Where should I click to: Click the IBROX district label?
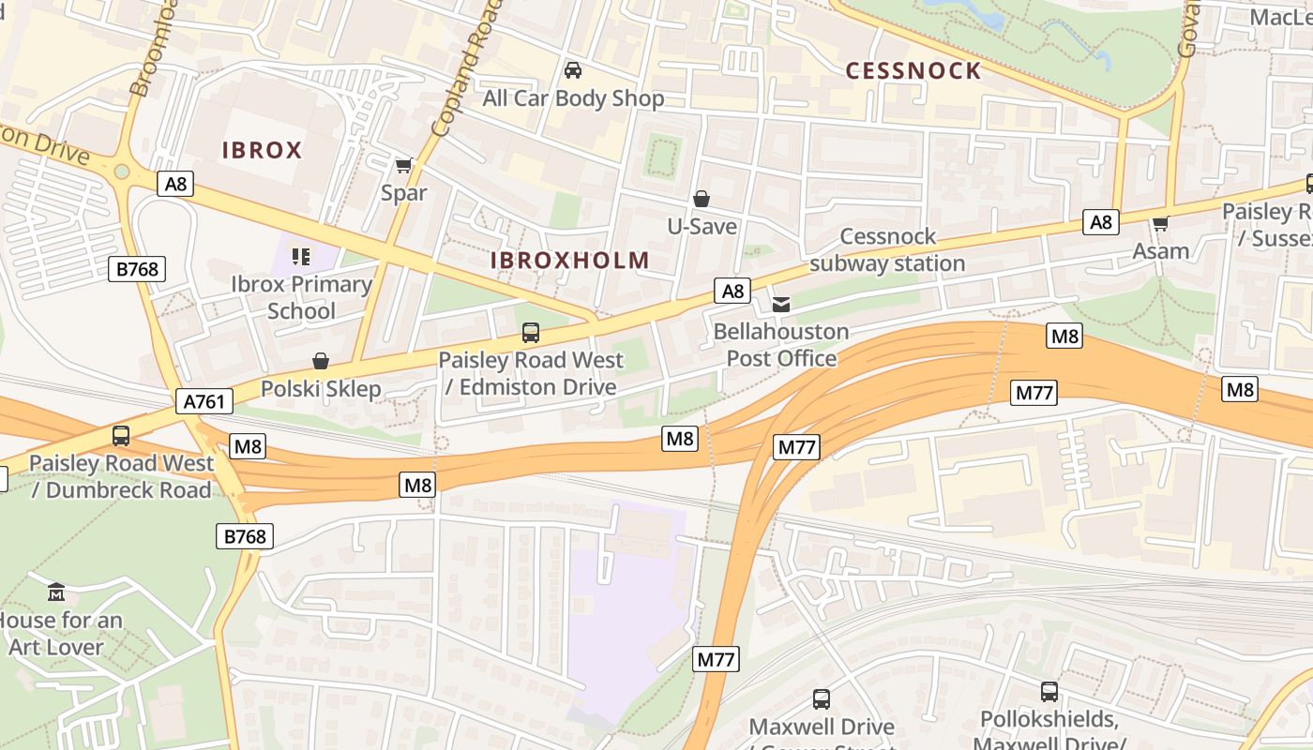(x=262, y=150)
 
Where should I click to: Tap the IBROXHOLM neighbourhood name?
(x=570, y=261)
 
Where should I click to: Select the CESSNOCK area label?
(x=913, y=71)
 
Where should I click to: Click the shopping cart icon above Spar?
(x=403, y=166)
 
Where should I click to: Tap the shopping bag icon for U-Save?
(x=701, y=199)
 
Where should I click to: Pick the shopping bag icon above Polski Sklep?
(x=321, y=361)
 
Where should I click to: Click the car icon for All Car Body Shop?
(x=572, y=70)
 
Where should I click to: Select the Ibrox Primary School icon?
(x=301, y=256)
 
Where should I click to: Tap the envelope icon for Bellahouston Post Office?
(x=780, y=304)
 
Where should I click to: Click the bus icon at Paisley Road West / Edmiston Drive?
(x=531, y=332)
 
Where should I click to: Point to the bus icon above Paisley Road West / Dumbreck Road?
(x=121, y=435)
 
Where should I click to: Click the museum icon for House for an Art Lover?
(x=56, y=592)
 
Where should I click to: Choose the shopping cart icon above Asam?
(x=1160, y=223)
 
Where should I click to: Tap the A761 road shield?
(x=204, y=402)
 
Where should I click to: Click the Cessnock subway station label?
(x=887, y=250)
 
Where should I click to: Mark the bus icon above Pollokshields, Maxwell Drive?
(x=1049, y=692)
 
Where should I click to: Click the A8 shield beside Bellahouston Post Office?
(x=732, y=292)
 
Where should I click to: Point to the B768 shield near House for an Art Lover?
(x=246, y=537)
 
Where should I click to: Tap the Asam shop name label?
(x=1161, y=251)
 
